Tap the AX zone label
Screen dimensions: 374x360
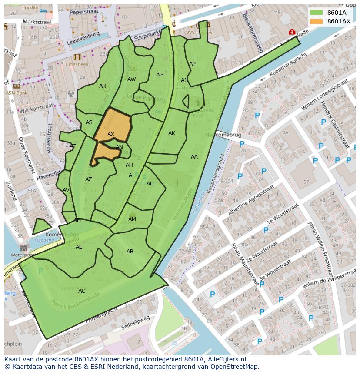coord(111,134)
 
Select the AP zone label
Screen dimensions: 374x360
coord(192,64)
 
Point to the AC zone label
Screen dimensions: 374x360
coord(82,291)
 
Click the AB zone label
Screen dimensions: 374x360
coord(130,252)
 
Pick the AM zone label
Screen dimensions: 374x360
coord(132,219)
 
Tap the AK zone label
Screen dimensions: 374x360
coord(172,133)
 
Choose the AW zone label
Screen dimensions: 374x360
coord(131,79)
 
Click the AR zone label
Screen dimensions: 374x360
coord(103,86)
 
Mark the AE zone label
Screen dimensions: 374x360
coord(79,247)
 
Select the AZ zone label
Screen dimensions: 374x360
coord(89,179)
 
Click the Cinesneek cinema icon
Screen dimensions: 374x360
coord(77,57)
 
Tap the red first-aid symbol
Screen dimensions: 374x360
coord(292,32)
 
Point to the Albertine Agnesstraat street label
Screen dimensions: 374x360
coord(251,200)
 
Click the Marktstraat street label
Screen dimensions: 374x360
coord(37,21)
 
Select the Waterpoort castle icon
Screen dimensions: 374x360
coord(23,248)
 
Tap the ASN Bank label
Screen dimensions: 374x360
coord(17,93)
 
